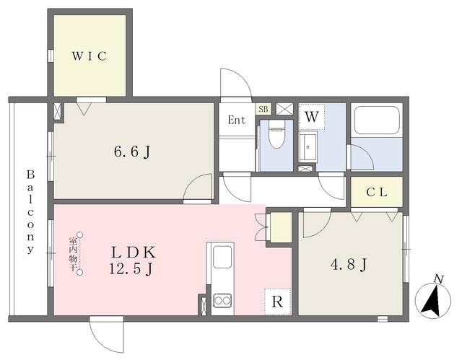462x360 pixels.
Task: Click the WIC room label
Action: point(90,56)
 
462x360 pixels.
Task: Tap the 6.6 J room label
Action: point(132,152)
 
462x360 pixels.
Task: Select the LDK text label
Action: point(133,253)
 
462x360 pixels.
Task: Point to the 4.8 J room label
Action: point(349,265)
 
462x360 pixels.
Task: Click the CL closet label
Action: point(377,192)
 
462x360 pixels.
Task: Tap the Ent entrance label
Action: point(237,120)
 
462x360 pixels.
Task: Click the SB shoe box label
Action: point(263,109)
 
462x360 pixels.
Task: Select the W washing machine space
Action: point(312,117)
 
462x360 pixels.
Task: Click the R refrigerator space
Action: point(277,302)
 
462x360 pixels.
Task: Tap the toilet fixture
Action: point(276,133)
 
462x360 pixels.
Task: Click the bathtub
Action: point(377,120)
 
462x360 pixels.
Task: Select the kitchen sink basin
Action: point(222,257)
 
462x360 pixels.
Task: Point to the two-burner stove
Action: point(222,300)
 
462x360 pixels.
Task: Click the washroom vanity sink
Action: point(308,147)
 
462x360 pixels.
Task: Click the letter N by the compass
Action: point(440,279)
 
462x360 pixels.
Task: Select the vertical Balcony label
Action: point(30,211)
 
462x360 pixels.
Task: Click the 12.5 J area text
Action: point(131,268)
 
